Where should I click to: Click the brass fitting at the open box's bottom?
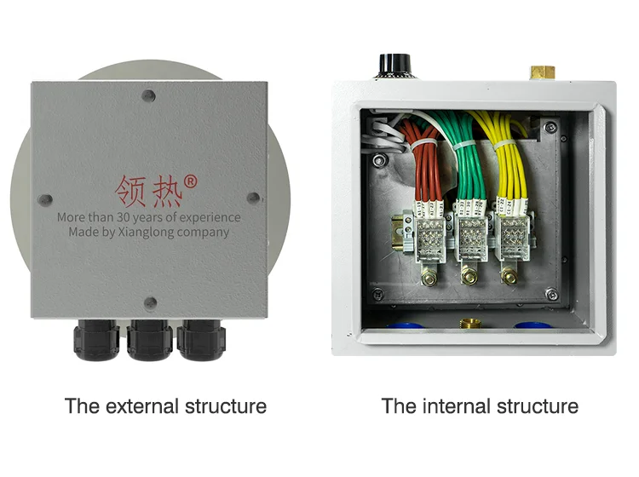click(x=469, y=325)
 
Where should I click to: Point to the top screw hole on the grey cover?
click(x=150, y=98)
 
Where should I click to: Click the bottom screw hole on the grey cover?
click(x=150, y=301)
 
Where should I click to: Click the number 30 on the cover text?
click(x=127, y=217)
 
